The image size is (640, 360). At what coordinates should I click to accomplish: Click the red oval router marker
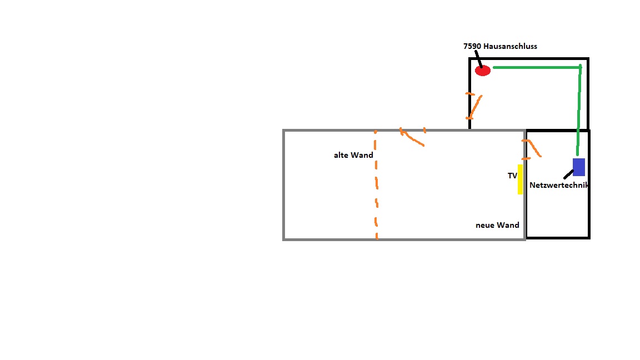pyautogui.click(x=483, y=71)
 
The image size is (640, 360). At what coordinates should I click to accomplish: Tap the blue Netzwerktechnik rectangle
pyautogui.click(x=579, y=167)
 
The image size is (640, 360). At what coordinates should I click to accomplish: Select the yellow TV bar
pyautogui.click(x=521, y=179)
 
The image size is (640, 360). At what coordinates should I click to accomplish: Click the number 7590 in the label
pyautogui.click(x=472, y=47)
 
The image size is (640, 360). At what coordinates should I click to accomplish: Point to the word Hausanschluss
pyautogui.click(x=510, y=47)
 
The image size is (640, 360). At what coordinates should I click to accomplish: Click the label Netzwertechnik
pyautogui.click(x=559, y=185)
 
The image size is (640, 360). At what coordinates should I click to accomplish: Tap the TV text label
pyautogui.click(x=512, y=176)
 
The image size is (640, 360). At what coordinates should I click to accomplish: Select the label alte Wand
pyautogui.click(x=353, y=155)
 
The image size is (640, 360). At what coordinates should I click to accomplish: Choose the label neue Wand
pyautogui.click(x=497, y=225)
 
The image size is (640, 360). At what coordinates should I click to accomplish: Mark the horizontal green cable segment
pyautogui.click(x=536, y=67)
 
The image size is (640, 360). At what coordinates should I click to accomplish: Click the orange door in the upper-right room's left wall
pyautogui.click(x=473, y=106)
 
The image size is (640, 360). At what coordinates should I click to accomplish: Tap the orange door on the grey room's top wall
pyautogui.click(x=412, y=137)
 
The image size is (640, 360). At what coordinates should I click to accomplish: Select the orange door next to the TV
pyautogui.click(x=532, y=147)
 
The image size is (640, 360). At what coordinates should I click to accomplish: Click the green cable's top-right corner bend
pyautogui.click(x=580, y=67)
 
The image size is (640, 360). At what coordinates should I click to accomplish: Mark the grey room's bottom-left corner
pyautogui.click(x=284, y=239)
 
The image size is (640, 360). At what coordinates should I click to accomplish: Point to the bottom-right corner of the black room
pyautogui.click(x=588, y=238)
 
